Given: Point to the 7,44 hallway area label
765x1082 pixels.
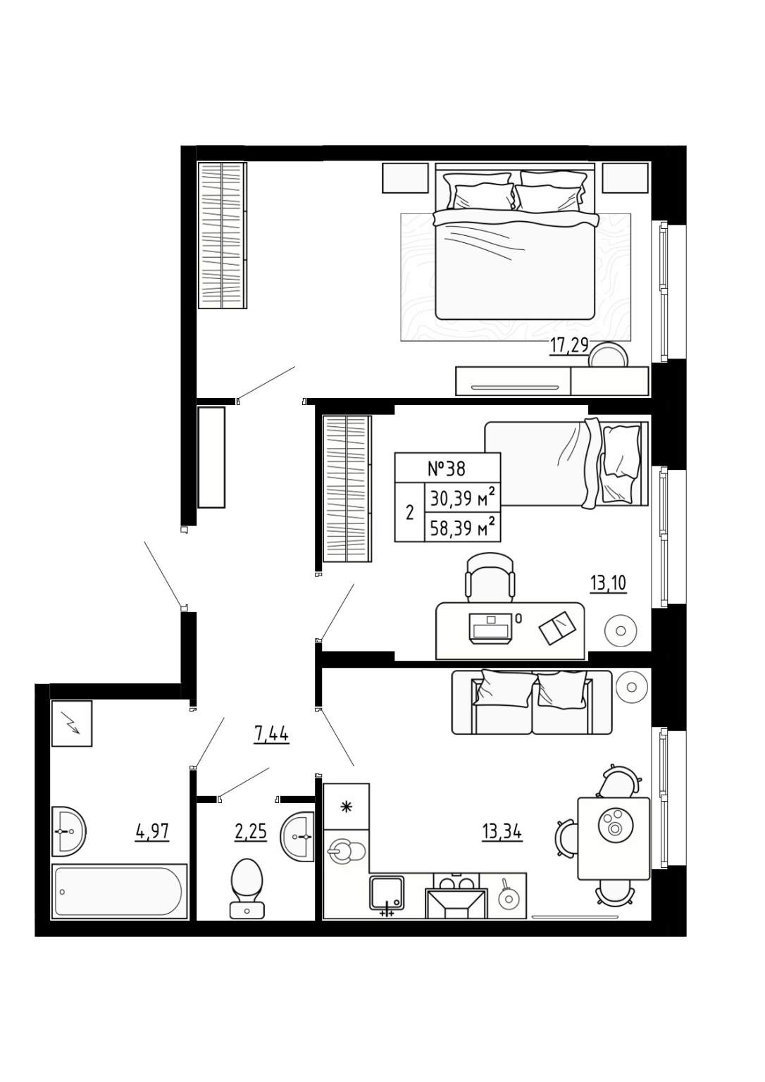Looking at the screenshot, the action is [271, 735].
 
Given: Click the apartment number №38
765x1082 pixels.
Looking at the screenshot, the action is [447, 468].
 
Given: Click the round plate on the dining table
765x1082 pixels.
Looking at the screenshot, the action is [614, 825].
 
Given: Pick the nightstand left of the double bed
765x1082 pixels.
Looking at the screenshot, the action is [405, 178].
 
